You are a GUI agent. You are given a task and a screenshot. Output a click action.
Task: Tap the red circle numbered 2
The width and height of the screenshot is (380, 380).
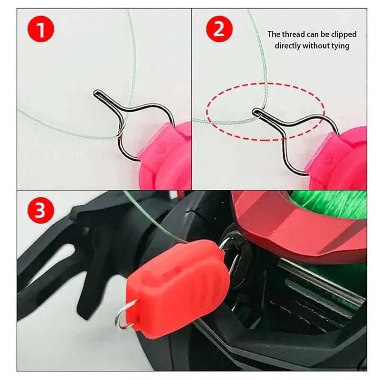(x=219, y=29)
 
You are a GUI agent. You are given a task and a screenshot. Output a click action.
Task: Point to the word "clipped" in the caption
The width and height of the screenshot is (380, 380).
(x=341, y=34)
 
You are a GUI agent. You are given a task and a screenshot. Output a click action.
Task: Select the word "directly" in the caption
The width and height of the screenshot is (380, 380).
(x=290, y=46)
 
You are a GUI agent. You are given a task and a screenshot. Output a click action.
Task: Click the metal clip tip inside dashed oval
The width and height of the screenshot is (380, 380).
(x=255, y=112)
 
